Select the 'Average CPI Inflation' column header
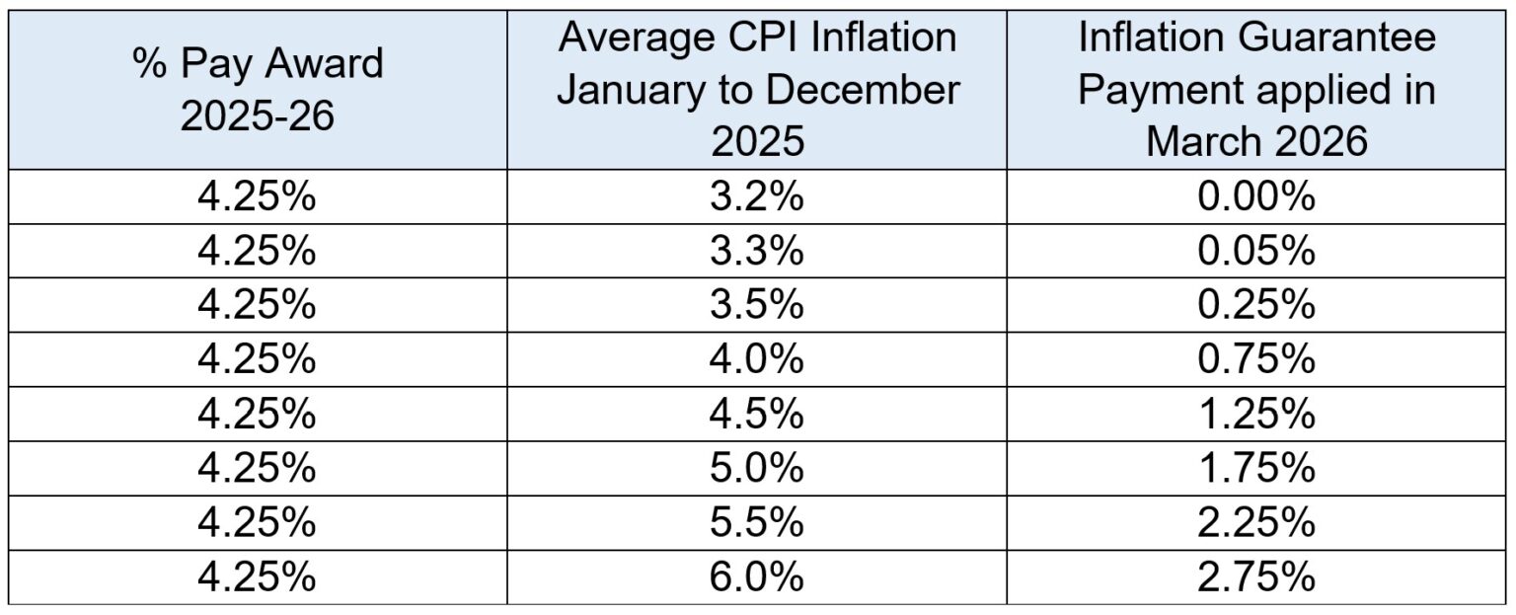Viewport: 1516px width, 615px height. (756, 90)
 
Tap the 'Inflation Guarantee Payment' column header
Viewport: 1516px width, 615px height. (1256, 90)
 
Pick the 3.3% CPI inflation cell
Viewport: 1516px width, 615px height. (756, 252)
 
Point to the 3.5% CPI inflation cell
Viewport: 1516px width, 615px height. (756, 305)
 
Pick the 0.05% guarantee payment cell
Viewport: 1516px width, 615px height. (1256, 252)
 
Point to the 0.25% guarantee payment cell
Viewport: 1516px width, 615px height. (1256, 305)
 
